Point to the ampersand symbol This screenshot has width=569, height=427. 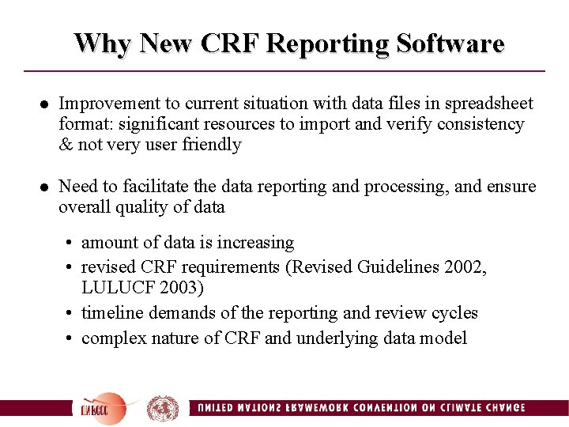coord(65,145)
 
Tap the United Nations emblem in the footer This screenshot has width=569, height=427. coord(163,408)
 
